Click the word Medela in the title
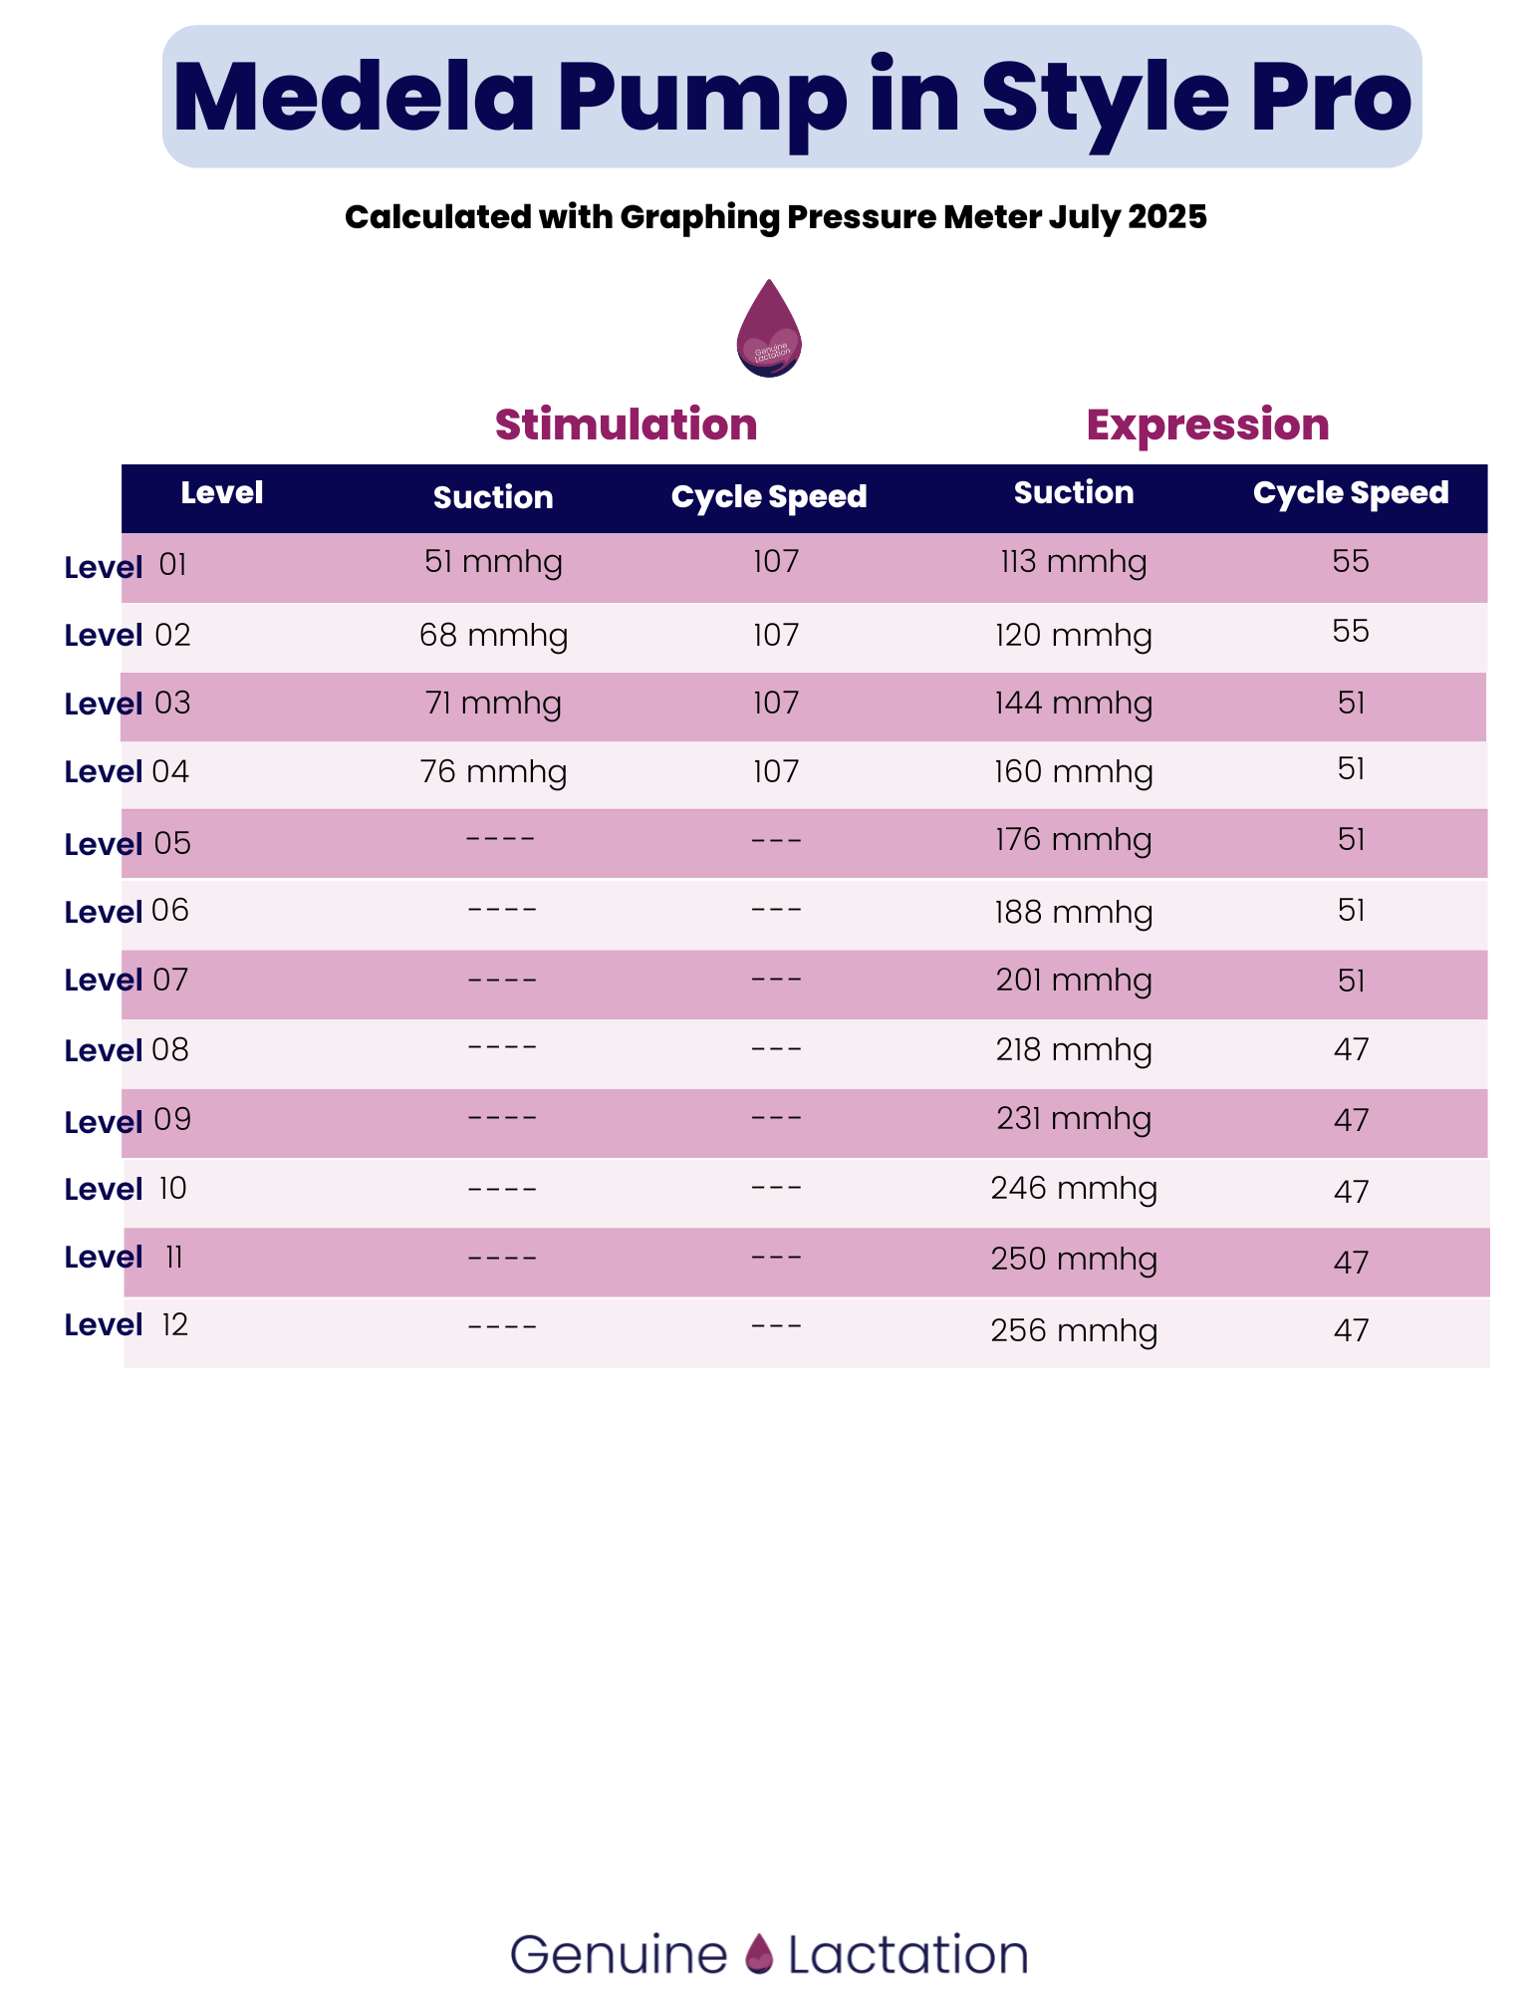click(x=354, y=98)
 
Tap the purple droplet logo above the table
click(x=769, y=328)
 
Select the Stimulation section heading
click(x=626, y=425)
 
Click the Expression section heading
click(x=1207, y=426)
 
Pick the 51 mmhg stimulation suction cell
click(x=493, y=562)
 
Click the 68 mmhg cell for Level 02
click(x=493, y=636)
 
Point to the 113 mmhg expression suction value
click(x=1074, y=562)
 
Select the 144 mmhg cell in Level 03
click(x=1074, y=704)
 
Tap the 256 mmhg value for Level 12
click(x=1074, y=1330)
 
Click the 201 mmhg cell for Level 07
click(x=1074, y=981)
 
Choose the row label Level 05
click(x=128, y=844)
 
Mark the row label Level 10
click(x=126, y=1189)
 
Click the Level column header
click(x=221, y=492)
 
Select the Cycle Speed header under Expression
click(x=1351, y=493)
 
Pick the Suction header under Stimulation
click(x=493, y=497)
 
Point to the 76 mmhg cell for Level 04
click(x=493, y=772)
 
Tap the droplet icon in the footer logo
click(x=759, y=1953)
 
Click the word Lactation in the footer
click(x=907, y=1954)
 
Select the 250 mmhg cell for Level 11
click(x=1074, y=1260)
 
